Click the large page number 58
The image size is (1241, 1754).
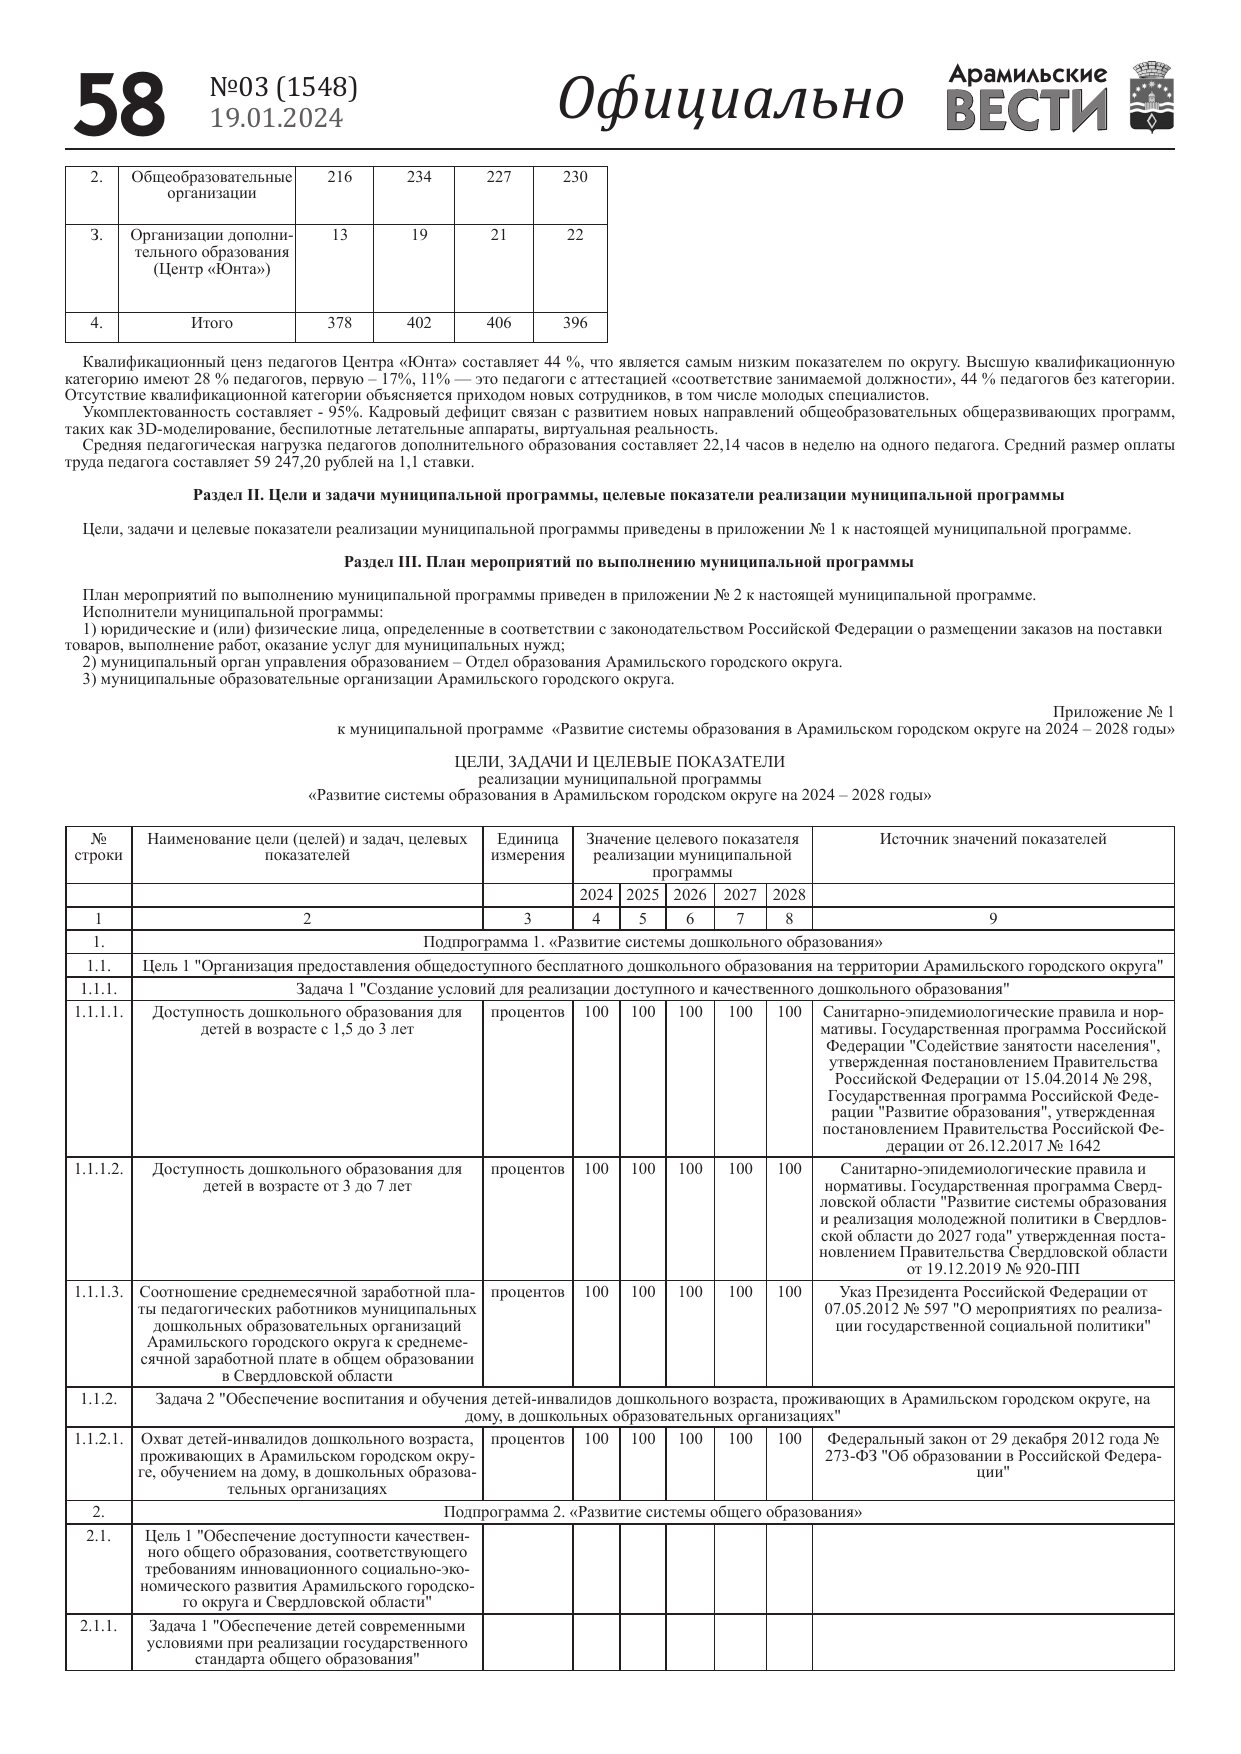(120, 104)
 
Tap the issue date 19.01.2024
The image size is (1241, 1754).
(276, 118)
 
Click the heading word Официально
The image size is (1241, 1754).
(730, 100)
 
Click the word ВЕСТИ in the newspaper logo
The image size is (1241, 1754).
(1026, 109)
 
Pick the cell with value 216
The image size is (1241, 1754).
(340, 177)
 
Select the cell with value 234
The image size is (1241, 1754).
(419, 177)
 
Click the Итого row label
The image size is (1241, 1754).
(212, 323)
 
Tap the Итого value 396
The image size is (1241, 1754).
(575, 323)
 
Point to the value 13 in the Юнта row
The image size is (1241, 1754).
(340, 235)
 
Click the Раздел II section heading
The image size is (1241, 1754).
(628, 495)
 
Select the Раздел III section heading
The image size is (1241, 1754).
(628, 562)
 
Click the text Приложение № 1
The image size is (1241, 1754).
(1113, 712)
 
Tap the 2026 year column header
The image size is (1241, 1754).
(690, 895)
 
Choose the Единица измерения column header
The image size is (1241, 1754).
(528, 847)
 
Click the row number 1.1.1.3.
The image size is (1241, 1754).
(98, 1292)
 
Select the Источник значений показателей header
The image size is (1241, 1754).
(993, 839)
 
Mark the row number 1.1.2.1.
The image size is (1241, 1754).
(98, 1439)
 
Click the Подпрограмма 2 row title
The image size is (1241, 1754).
(653, 1512)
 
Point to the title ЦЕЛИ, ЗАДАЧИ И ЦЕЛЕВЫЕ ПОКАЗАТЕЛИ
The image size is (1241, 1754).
(620, 762)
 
